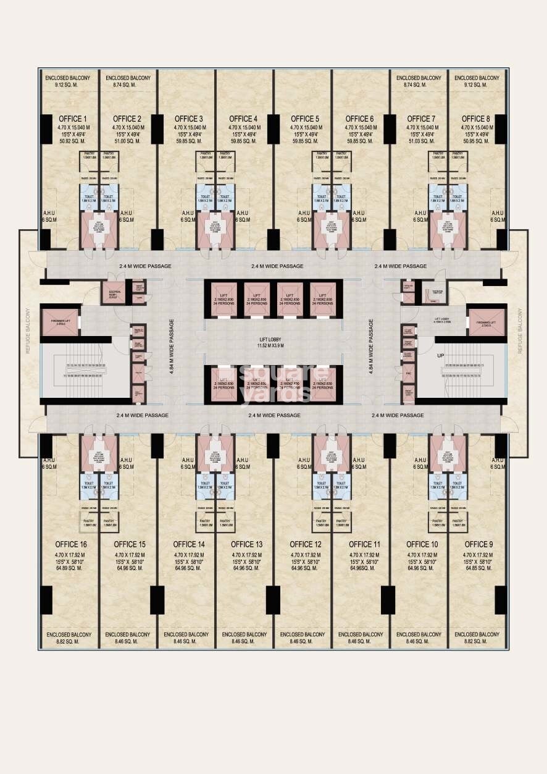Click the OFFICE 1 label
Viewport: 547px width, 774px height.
(x=72, y=119)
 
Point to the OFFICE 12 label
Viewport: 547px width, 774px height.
(x=306, y=544)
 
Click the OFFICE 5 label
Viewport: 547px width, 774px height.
(x=305, y=119)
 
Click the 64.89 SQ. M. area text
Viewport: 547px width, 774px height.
(x=70, y=568)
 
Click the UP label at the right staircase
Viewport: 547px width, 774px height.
(x=440, y=356)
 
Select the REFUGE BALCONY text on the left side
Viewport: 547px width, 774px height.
(x=27, y=330)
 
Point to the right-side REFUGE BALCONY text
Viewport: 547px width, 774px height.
(x=520, y=330)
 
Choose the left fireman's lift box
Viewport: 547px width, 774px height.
(x=61, y=322)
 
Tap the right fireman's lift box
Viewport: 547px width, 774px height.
(x=486, y=322)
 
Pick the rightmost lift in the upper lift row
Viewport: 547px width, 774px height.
(x=322, y=298)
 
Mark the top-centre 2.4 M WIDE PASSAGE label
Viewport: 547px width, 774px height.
(x=277, y=266)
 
